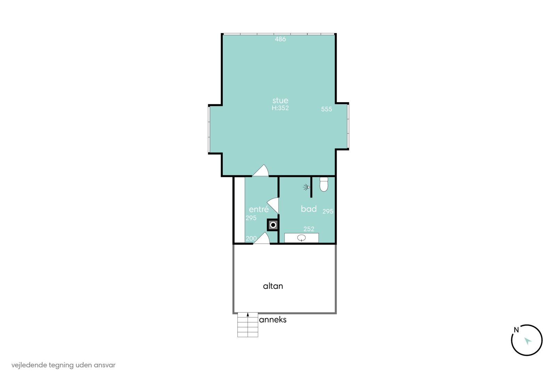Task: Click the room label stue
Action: coord(280,100)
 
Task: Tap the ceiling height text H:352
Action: coord(280,108)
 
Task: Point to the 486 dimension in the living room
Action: coord(280,39)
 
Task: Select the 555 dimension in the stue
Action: coord(327,109)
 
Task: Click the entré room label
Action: coord(259,209)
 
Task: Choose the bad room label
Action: coord(309,209)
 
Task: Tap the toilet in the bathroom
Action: coord(324,184)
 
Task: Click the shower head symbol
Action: coord(306,187)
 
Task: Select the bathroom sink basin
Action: coord(301,238)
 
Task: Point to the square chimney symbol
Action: coord(273,225)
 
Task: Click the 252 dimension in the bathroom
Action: coord(309,229)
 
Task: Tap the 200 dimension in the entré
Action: coord(251,239)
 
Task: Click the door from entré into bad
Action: coord(273,205)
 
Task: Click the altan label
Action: coord(273,286)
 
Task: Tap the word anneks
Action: coord(273,320)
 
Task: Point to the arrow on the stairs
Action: coord(248,314)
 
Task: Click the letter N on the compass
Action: coord(516,330)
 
